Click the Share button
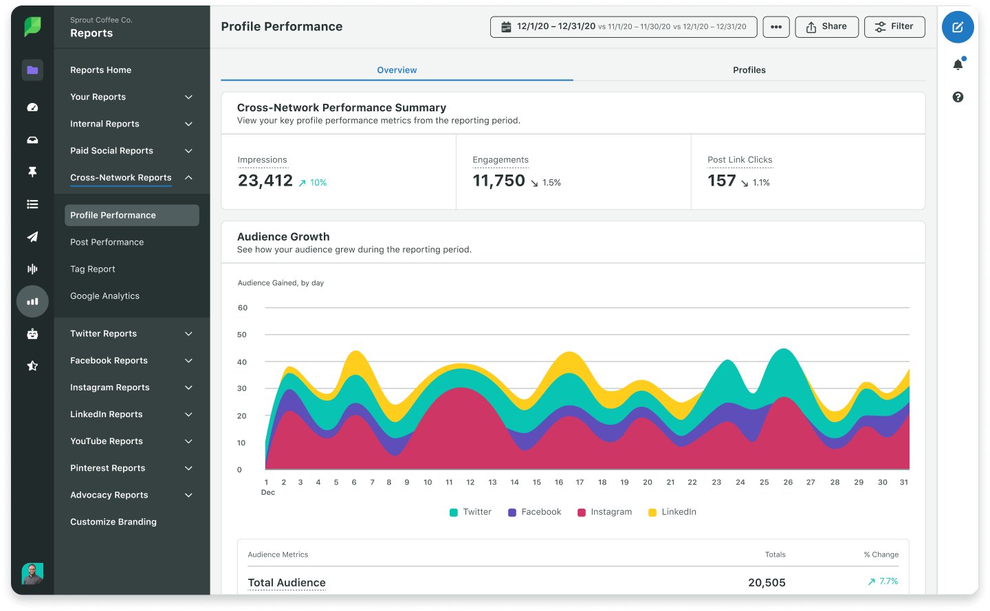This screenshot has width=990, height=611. (826, 27)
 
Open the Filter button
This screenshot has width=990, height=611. (894, 27)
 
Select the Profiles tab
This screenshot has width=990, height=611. (749, 70)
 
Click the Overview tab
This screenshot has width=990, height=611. (397, 70)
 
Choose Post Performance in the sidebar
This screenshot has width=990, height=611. (107, 242)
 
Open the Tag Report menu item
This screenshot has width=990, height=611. (93, 269)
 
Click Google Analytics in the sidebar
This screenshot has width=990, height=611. (104, 296)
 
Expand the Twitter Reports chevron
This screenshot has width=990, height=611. (188, 334)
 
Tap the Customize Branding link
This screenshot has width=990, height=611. (113, 522)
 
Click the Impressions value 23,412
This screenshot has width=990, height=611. (265, 181)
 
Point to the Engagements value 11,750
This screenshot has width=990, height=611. (498, 181)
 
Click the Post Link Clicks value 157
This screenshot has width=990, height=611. (721, 181)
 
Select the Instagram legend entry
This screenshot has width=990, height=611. (604, 512)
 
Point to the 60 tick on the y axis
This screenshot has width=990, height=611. (242, 308)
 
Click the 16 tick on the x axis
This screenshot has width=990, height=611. (559, 482)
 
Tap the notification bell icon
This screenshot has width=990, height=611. (958, 65)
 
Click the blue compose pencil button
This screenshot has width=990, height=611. (958, 27)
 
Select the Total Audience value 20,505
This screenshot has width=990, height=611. (767, 583)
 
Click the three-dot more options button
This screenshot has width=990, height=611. (776, 27)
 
